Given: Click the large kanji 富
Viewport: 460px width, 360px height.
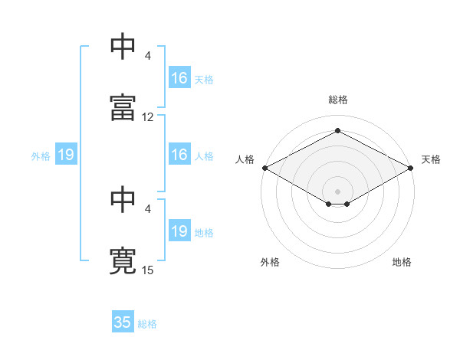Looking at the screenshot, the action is (123, 107).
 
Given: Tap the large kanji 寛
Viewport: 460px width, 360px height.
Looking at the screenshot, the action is (123, 260).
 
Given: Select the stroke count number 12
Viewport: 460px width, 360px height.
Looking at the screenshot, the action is (147, 117).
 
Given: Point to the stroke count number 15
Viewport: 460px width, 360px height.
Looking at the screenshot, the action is (147, 270).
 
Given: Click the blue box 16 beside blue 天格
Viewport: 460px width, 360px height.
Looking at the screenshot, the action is (179, 77).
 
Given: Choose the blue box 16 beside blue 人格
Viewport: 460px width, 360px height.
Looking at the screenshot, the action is (179, 154).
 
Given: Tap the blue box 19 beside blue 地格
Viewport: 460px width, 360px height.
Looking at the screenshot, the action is (179, 230).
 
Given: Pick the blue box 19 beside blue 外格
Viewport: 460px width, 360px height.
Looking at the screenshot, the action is (66, 154).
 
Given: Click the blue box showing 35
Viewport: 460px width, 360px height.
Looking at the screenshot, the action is (123, 321).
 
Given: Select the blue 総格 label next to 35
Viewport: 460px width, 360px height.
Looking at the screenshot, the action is (147, 324).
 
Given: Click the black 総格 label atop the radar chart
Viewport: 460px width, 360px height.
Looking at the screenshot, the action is (338, 100).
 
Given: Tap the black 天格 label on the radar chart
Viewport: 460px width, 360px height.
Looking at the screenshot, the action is (431, 159).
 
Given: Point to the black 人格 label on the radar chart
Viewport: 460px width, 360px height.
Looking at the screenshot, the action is (245, 159).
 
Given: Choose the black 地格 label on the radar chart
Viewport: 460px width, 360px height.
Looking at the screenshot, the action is (402, 262).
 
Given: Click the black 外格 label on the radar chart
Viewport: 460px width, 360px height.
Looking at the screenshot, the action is (270, 262).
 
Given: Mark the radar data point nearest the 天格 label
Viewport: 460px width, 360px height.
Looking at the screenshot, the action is (411, 168).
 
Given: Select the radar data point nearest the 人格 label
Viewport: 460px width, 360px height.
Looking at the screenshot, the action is (265, 168).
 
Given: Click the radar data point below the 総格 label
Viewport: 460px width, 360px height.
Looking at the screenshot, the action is (337, 130).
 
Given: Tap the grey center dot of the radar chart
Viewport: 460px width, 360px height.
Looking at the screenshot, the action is (337, 191).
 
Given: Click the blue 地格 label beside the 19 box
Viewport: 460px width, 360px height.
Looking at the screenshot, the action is (204, 233).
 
